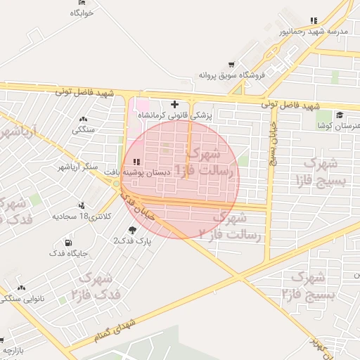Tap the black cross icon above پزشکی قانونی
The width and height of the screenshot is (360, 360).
(174, 104)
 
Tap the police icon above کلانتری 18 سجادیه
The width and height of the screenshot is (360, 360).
(83, 205)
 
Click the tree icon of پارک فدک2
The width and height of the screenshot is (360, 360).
(133, 229)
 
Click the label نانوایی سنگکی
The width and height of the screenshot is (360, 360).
(23, 298)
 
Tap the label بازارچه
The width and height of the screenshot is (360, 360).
(15, 349)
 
